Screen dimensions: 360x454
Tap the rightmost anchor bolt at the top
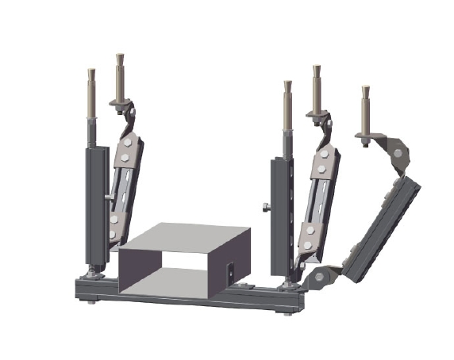[x=366, y=107]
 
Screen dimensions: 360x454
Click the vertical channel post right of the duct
[x=283, y=214]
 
